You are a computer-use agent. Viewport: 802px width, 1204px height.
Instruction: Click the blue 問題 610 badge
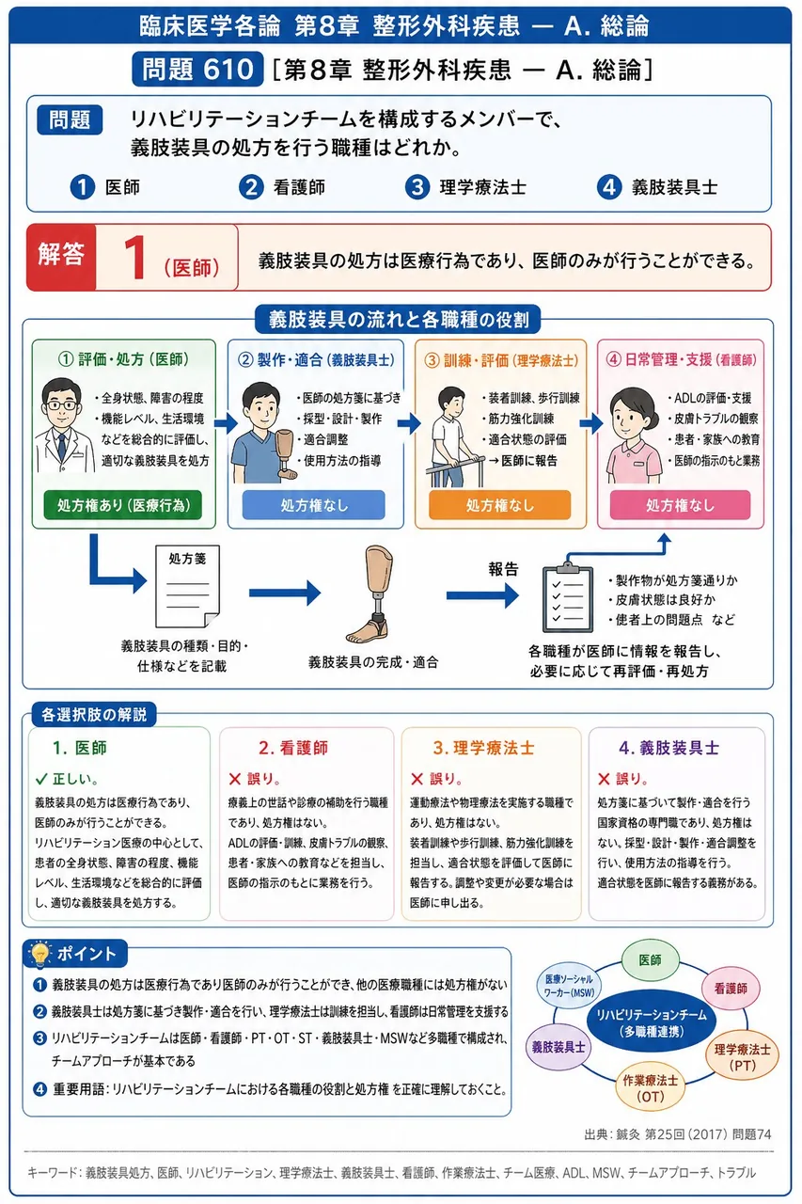click(197, 69)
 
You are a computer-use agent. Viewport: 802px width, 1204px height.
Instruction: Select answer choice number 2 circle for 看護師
click(251, 187)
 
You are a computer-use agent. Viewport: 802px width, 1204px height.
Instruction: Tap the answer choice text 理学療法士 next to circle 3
click(483, 187)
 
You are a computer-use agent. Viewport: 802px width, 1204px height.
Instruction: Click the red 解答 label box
click(61, 258)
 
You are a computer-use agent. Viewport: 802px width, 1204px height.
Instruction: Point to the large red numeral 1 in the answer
click(134, 258)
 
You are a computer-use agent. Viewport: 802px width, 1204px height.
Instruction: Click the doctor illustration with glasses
click(62, 425)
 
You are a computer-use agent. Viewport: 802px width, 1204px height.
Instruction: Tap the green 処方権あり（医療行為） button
click(123, 505)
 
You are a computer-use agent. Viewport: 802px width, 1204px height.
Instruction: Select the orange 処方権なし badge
click(499, 505)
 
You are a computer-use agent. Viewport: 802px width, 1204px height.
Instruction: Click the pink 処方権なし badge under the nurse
click(680, 505)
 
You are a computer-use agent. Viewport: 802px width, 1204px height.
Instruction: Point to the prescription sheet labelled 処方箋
click(187, 586)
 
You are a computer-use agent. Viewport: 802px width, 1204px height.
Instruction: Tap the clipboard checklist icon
click(568, 596)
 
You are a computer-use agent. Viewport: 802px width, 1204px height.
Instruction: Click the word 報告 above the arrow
click(503, 569)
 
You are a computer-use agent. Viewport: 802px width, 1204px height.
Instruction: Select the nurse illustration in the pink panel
click(634, 436)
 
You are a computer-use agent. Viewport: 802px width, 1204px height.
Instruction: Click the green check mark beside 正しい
click(41, 779)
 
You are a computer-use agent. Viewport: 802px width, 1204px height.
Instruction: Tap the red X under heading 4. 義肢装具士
click(604, 779)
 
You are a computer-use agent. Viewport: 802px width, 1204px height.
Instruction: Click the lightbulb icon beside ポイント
click(40, 955)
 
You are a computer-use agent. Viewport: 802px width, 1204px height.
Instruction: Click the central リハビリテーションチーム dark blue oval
click(651, 1022)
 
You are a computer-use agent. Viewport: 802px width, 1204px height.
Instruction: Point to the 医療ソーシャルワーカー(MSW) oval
click(569, 986)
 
